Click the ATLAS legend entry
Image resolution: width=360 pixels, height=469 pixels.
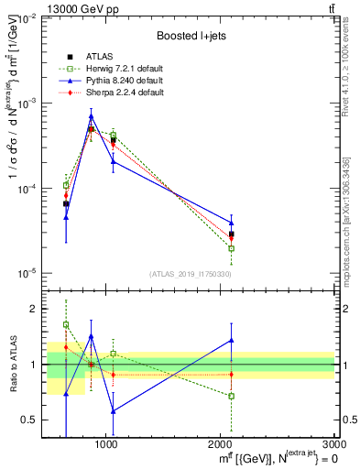tap(94, 58)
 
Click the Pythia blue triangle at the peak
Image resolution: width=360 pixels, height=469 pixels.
tap(91, 115)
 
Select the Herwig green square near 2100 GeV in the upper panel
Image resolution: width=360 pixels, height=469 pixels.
tap(231, 248)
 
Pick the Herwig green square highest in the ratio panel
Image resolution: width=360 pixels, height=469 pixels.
tap(66, 324)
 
